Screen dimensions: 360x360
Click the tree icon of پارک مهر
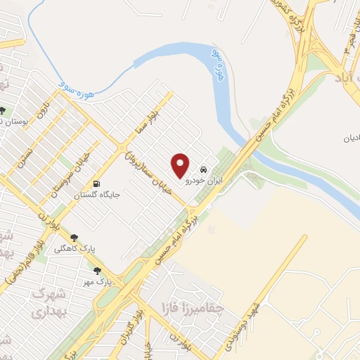(97, 271)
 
